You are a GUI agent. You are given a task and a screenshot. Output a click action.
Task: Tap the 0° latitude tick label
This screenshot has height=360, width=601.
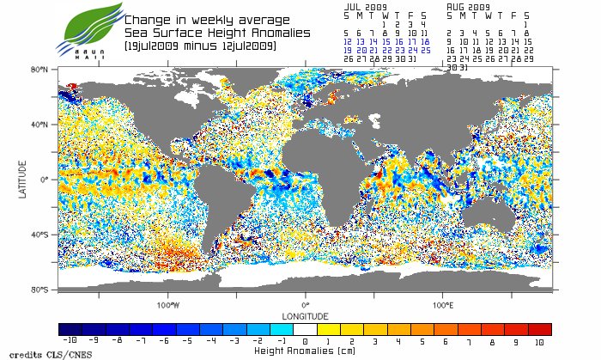click(44, 180)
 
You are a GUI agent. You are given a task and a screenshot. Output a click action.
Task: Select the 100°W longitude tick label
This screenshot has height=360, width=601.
click(168, 305)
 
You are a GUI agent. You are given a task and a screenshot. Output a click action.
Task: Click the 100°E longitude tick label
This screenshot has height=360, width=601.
click(442, 305)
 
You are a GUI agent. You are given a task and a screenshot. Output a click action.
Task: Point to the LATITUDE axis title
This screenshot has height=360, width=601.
click(23, 180)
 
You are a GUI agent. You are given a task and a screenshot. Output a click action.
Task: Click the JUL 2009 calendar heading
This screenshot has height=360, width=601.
click(365, 6)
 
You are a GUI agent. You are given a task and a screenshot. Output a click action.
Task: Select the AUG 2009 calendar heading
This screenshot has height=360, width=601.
click(468, 6)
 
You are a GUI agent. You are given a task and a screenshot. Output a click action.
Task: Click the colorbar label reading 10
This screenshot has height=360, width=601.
click(540, 341)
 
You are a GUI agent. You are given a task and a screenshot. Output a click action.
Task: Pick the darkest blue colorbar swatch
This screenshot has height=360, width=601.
click(70, 329)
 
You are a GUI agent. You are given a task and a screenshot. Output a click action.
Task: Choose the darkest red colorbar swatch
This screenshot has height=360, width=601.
click(540, 329)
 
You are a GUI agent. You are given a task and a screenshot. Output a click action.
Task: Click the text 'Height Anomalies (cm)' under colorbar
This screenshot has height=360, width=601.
click(305, 351)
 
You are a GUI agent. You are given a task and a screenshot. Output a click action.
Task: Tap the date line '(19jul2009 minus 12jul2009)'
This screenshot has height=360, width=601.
click(200, 45)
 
